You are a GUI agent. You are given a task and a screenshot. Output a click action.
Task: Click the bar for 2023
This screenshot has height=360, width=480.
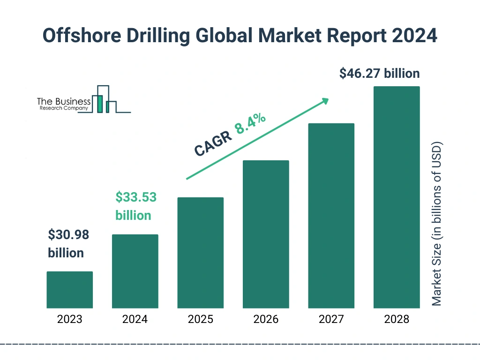pyautogui.click(x=69, y=290)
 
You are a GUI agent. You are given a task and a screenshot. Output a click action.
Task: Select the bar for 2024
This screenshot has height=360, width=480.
pyautogui.click(x=135, y=271)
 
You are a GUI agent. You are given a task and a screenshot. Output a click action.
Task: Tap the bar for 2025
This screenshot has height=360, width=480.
pyautogui.click(x=200, y=253)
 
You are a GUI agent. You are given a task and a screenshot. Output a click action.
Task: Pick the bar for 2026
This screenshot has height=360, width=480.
pyautogui.click(x=266, y=234)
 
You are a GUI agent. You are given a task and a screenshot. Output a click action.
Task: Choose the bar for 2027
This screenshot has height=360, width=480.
pyautogui.click(x=331, y=216)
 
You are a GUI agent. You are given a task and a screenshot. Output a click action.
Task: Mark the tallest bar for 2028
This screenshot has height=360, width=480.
pyautogui.click(x=397, y=197)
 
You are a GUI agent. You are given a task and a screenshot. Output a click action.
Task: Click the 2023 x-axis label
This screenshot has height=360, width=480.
pyautogui.click(x=69, y=320)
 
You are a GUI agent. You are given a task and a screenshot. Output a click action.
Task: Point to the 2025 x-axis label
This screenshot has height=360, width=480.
pyautogui.click(x=200, y=320)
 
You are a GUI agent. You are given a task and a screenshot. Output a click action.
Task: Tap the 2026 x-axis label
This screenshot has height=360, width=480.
pyautogui.click(x=266, y=320)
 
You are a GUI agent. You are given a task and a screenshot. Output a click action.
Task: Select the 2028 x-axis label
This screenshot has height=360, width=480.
pyautogui.click(x=397, y=320)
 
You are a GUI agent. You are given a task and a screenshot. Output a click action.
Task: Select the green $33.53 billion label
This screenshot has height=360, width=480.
pyautogui.click(x=135, y=206)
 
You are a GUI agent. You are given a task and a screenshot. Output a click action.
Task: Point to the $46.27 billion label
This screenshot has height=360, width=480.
pyautogui.click(x=380, y=74)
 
